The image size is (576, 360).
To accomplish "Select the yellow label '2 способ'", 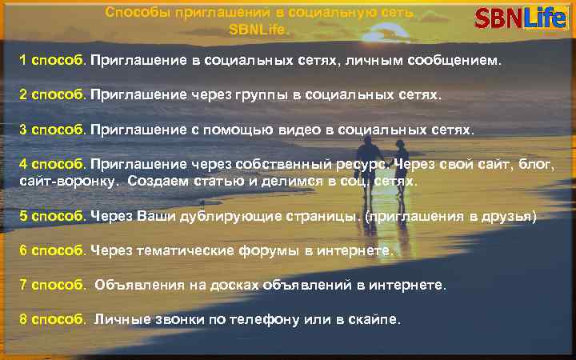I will click(x=53, y=94).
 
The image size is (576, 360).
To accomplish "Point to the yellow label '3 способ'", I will click(x=53, y=128).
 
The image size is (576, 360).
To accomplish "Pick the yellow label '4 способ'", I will click(x=53, y=163).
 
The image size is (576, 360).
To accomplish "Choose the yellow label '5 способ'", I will click(x=53, y=215).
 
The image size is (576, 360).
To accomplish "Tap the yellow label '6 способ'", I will click(x=53, y=250).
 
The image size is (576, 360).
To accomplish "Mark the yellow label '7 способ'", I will click(x=53, y=284).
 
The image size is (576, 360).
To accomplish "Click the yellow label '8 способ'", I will click(x=53, y=318).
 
